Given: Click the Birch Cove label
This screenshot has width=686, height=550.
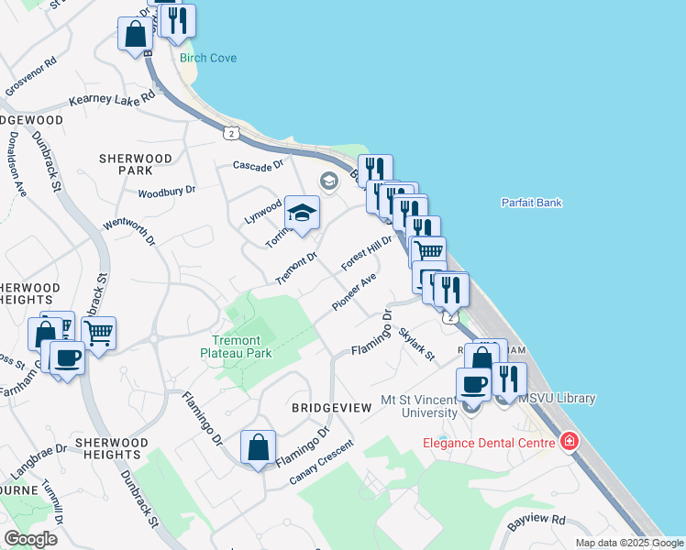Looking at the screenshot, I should pyautogui.click(x=208, y=58).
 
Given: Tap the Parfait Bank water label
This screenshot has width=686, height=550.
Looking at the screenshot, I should pyautogui.click(x=532, y=203).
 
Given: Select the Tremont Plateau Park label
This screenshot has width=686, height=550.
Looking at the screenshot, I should pyautogui.click(x=237, y=346).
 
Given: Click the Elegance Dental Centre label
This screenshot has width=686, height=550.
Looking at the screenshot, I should pyautogui.click(x=489, y=443).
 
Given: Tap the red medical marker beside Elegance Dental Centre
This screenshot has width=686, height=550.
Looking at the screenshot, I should pyautogui.click(x=570, y=442).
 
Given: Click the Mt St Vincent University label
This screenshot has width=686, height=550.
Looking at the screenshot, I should pyautogui.click(x=417, y=406).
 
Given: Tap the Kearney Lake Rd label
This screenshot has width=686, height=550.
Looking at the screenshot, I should pyautogui.click(x=111, y=102).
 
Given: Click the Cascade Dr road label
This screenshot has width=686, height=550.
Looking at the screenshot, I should pyautogui.click(x=259, y=166).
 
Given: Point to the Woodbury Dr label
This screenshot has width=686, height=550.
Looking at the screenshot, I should pyautogui.click(x=167, y=192).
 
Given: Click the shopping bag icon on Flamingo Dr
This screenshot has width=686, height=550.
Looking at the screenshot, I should pyautogui.click(x=259, y=448).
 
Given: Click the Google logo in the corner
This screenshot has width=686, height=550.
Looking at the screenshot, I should pyautogui.click(x=30, y=539).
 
